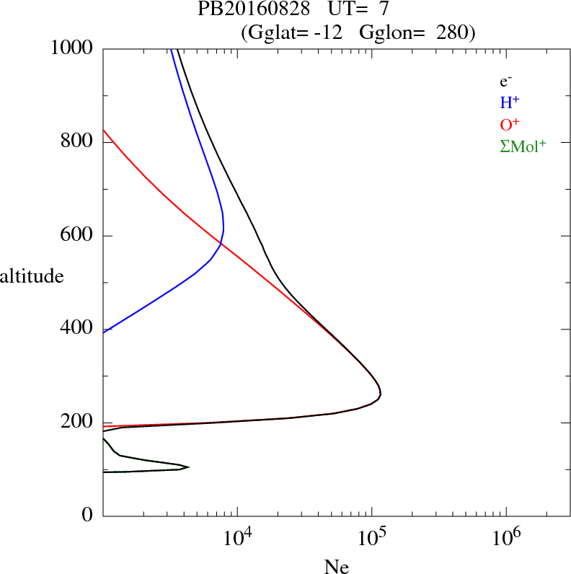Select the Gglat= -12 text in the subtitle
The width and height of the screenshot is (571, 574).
click(293, 32)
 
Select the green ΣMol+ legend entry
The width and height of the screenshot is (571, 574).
click(523, 145)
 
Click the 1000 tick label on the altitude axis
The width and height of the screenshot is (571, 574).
click(73, 48)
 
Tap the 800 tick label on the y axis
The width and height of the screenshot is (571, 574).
click(79, 142)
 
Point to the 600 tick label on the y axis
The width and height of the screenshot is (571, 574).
click(79, 236)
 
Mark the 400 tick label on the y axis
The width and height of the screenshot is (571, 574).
click(79, 330)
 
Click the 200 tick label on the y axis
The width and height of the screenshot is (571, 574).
click(79, 423)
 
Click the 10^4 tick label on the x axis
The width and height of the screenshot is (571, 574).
click(237, 538)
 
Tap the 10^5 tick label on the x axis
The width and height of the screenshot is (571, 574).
click(371, 538)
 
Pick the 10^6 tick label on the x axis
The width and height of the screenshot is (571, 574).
click(505, 538)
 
